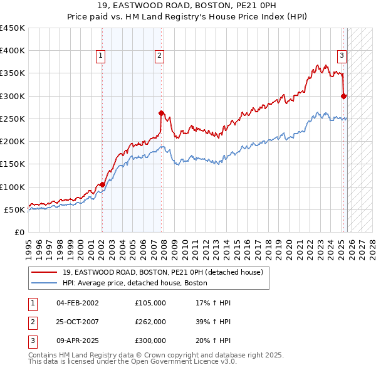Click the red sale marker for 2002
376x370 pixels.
(x=102, y=184)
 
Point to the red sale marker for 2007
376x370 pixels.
(x=161, y=114)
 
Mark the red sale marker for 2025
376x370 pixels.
(x=343, y=96)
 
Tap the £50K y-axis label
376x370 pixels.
(x=15, y=209)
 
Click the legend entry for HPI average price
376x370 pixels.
(x=135, y=283)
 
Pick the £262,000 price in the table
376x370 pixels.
(x=150, y=322)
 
